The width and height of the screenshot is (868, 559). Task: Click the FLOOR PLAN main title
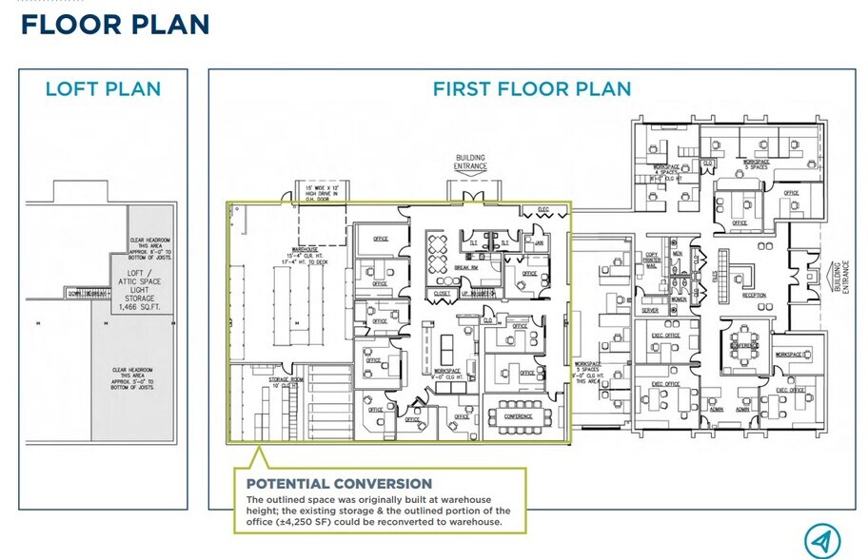(x=115, y=24)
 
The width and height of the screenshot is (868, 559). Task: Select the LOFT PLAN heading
(x=103, y=89)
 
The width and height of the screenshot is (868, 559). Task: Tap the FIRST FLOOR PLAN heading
(x=531, y=89)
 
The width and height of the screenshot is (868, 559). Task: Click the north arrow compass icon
(x=821, y=541)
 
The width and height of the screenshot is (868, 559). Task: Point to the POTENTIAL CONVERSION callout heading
(x=339, y=484)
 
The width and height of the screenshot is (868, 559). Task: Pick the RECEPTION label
(x=753, y=296)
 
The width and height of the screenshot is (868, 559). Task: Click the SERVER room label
(x=650, y=311)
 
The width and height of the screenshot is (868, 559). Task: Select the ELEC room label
(x=543, y=209)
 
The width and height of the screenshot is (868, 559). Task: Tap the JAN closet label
(x=538, y=243)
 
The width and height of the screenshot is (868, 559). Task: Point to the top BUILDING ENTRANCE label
(x=470, y=163)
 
